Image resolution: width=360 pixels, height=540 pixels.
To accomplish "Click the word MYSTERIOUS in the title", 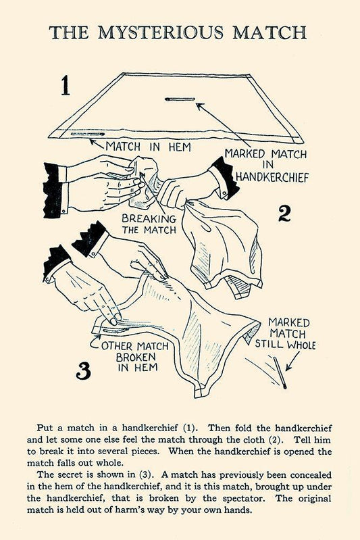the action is [x=160, y=32].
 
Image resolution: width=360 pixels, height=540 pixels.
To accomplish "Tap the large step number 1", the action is [x=66, y=86].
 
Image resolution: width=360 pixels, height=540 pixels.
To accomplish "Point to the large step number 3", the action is [x=83, y=370].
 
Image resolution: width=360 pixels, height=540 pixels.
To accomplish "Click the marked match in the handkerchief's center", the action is [x=180, y=99].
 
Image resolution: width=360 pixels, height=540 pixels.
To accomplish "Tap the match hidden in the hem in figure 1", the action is [x=87, y=134].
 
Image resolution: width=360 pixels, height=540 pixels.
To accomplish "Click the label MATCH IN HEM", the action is [x=148, y=147].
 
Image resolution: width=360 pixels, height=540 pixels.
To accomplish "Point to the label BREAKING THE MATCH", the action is [x=149, y=224].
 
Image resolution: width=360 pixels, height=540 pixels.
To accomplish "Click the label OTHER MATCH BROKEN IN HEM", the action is [x=136, y=357].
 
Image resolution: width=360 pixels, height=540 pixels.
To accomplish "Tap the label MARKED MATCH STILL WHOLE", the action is [x=285, y=334].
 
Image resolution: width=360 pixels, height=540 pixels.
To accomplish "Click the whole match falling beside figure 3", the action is [x=280, y=373].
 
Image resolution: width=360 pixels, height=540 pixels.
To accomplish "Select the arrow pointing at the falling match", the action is [x=293, y=361].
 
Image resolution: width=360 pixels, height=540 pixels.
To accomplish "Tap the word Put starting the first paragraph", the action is [x=45, y=428].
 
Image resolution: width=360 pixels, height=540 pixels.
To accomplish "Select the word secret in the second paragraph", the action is [x=77, y=475].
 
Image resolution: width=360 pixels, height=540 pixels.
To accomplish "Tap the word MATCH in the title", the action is [x=269, y=32].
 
